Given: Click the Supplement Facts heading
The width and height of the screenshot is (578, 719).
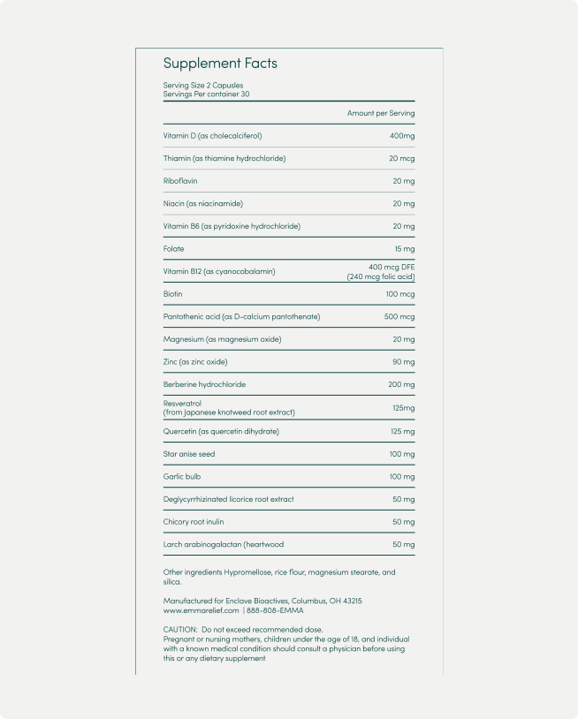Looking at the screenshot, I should pyautogui.click(x=220, y=64).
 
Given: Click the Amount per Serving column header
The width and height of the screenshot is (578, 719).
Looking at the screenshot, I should pyautogui.click(x=380, y=113).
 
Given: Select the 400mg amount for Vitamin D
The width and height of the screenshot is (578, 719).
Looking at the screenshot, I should pyautogui.click(x=401, y=136).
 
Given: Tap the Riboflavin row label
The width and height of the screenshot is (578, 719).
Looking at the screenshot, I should pyautogui.click(x=180, y=181).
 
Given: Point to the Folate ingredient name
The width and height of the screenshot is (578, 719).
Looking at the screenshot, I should pyautogui.click(x=174, y=249).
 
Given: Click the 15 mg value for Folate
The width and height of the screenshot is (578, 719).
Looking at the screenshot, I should pyautogui.click(x=403, y=249).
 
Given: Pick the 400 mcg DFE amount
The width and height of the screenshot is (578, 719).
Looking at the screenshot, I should pyautogui.click(x=392, y=267).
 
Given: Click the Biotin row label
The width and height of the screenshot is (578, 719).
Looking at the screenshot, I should pyautogui.click(x=173, y=294).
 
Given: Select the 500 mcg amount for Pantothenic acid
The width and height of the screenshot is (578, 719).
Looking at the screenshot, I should pyautogui.click(x=399, y=316).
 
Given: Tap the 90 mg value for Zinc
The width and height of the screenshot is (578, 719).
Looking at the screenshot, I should pyautogui.click(x=403, y=362).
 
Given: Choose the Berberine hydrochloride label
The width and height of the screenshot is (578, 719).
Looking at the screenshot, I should pyautogui.click(x=204, y=385).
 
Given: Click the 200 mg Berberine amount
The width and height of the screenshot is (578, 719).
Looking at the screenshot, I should pyautogui.click(x=400, y=385).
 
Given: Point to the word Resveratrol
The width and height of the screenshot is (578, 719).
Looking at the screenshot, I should pyautogui.click(x=184, y=404).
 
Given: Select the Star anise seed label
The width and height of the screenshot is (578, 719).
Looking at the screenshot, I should pyautogui.click(x=189, y=454).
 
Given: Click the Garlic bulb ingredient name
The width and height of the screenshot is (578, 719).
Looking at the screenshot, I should pyautogui.click(x=183, y=477).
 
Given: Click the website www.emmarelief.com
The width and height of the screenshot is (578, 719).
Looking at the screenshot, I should pyautogui.click(x=201, y=610).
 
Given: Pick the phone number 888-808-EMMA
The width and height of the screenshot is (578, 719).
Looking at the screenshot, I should pyautogui.click(x=275, y=610).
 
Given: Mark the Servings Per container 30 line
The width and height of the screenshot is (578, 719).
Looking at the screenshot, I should pyautogui.click(x=206, y=94).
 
